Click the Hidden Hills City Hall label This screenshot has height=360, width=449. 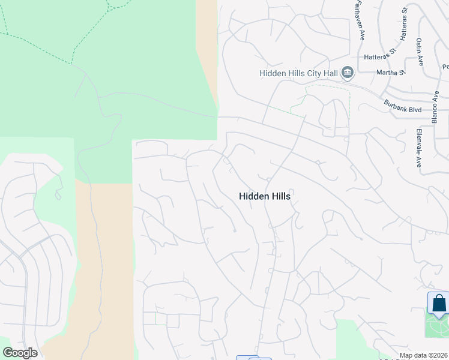coord(298,73)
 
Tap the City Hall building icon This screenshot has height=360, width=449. coord(348,73)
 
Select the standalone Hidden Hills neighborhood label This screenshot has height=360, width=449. coord(265,196)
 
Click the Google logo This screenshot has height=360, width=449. coord(20,353)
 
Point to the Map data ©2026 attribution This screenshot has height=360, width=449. coord(423,355)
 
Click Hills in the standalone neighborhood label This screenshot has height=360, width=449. coord(280,196)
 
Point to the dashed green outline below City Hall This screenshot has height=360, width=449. coord(328,89)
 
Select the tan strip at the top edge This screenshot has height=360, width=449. coord(206,36)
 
